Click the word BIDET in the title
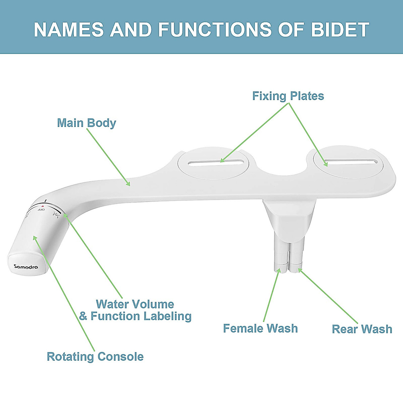click(340, 30)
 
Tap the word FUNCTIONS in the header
click(215, 30)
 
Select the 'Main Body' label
click(86, 123)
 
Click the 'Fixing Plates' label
click(288, 96)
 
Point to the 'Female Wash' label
click(260, 328)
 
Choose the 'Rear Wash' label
click(362, 329)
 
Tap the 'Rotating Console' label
click(95, 356)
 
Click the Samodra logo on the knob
click(26, 267)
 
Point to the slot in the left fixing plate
click(213, 163)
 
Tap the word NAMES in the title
click(69, 30)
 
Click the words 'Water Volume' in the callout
click(135, 304)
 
